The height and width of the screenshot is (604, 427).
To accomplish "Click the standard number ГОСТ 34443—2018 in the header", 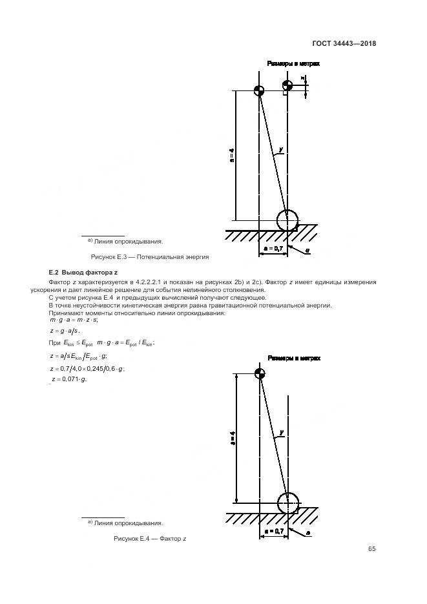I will pyautogui.click(x=344, y=44).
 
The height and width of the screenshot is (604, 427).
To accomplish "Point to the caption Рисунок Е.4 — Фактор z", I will pyautogui.click(x=150, y=539).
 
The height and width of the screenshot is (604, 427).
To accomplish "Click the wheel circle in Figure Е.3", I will pyautogui.click(x=288, y=220).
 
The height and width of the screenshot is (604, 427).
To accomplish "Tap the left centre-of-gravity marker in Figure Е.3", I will pyautogui.click(x=259, y=90).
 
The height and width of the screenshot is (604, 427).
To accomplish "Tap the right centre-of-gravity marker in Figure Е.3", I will pyautogui.click(x=287, y=85).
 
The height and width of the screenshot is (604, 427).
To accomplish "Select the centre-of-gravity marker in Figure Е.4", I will pyautogui.click(x=260, y=374).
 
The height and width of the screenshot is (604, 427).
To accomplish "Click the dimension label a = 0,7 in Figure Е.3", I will pyautogui.click(x=274, y=247).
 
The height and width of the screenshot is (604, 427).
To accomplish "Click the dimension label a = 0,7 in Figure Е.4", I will pyautogui.click(x=274, y=530).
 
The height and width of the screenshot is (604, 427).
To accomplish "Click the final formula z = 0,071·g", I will pyautogui.click(x=68, y=379).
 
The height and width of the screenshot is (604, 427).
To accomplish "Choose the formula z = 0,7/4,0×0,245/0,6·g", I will pyautogui.click(x=87, y=368).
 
